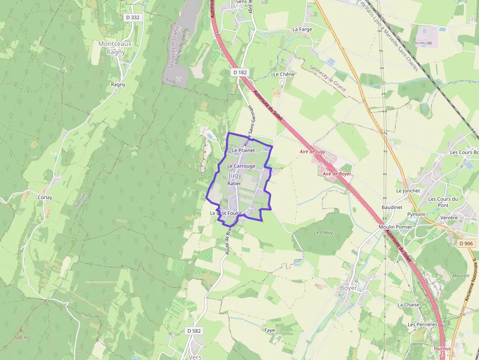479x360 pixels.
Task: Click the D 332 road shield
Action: point(132,17)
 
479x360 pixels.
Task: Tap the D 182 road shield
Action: point(240,72)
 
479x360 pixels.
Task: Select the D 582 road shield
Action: point(194,331)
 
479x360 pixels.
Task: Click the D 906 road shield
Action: point(466,243)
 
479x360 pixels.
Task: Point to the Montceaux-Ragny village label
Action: point(115,48)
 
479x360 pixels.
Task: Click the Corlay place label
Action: point(45,197)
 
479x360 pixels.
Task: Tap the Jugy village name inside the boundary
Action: point(235,175)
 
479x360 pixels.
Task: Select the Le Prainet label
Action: point(244,150)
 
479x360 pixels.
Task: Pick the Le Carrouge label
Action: point(241,166)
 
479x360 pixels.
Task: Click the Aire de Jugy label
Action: point(312,152)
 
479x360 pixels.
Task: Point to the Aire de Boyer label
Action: point(337,174)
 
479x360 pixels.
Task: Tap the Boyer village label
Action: point(348,288)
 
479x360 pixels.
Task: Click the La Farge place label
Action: point(302,29)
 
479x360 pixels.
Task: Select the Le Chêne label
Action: point(284,74)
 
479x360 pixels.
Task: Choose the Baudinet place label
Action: point(392,207)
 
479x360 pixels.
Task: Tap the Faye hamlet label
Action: point(269,330)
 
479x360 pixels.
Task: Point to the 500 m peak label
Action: point(21,338)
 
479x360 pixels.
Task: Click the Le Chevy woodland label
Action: point(323,233)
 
